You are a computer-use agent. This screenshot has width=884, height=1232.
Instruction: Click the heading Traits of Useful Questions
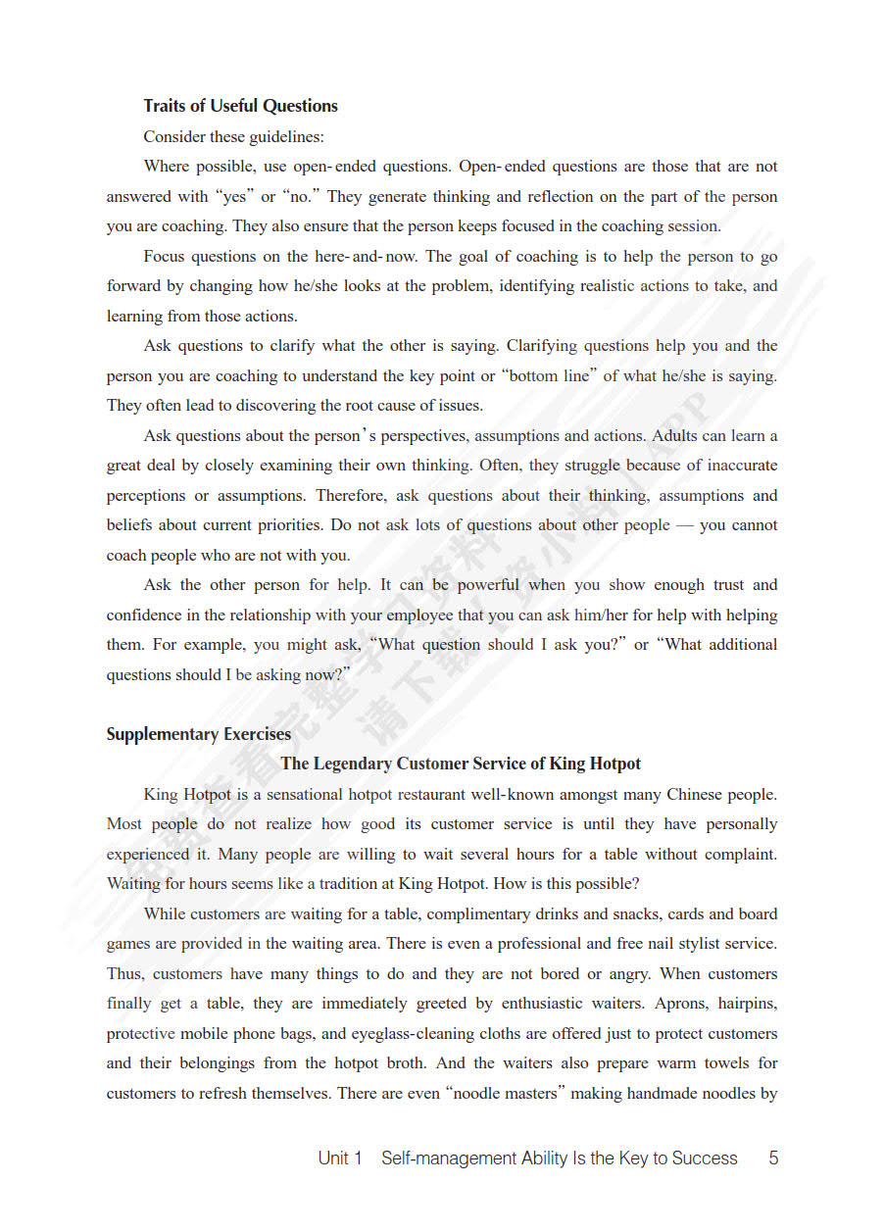pos(240,106)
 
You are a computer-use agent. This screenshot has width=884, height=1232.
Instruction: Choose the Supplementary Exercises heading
pos(198,734)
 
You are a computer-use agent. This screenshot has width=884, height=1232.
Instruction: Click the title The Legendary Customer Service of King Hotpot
pos(461,764)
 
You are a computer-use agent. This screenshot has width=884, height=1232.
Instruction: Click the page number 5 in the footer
pos(773,1158)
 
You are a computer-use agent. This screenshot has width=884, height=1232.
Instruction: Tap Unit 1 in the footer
pos(340,1158)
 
